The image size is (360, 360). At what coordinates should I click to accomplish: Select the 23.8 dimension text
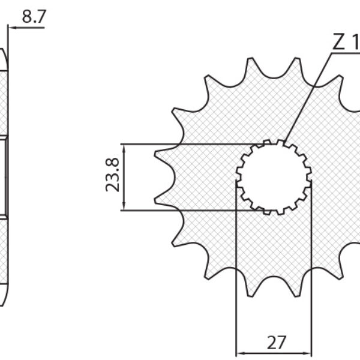pyautogui.click(x=112, y=177)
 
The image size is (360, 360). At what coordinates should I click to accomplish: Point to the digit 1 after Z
pyautogui.click(x=355, y=43)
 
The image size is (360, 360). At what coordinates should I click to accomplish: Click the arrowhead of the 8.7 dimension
pyautogui.click(x=10, y=27)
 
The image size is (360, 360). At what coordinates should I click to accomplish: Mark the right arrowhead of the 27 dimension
pyautogui.click(x=309, y=350)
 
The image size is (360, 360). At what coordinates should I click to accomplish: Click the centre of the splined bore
pyautogui.click(x=274, y=176)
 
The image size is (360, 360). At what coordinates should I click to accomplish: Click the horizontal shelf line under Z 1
pyautogui.click(x=345, y=53)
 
